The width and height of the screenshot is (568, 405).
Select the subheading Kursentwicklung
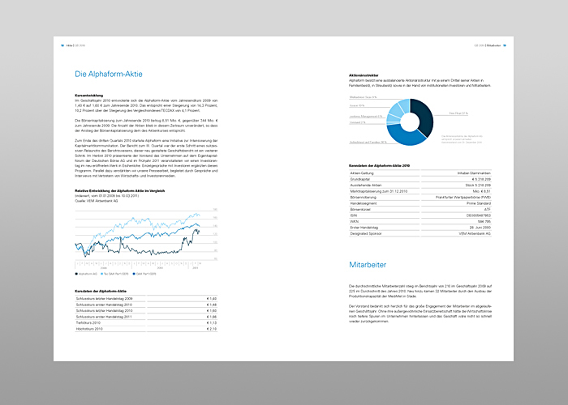coord(92,95)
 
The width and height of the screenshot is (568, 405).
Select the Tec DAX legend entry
coord(123,275)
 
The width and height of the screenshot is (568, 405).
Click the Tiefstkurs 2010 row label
coord(88,322)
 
